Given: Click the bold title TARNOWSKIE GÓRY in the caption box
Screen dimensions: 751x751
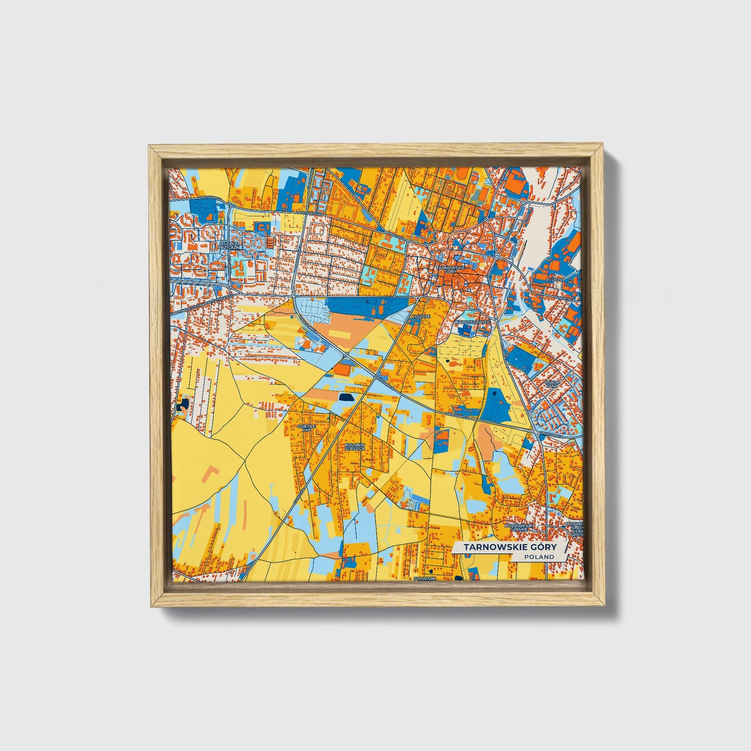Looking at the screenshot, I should (509, 547).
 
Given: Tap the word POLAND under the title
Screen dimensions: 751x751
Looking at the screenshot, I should (539, 557).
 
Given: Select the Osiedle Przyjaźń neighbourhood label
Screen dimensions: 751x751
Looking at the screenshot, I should (229, 245).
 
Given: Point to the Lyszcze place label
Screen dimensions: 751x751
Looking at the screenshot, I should (420, 316).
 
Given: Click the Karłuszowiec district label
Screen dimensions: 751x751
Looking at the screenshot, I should (473, 322).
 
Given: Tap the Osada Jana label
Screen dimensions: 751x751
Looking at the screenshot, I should (551, 384).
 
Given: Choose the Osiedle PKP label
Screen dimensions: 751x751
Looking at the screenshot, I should (306, 428).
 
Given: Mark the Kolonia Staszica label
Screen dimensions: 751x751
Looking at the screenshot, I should (355, 446).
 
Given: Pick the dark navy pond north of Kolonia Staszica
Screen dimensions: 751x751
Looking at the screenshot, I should (345, 398).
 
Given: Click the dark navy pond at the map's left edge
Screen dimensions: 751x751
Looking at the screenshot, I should (183, 405).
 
